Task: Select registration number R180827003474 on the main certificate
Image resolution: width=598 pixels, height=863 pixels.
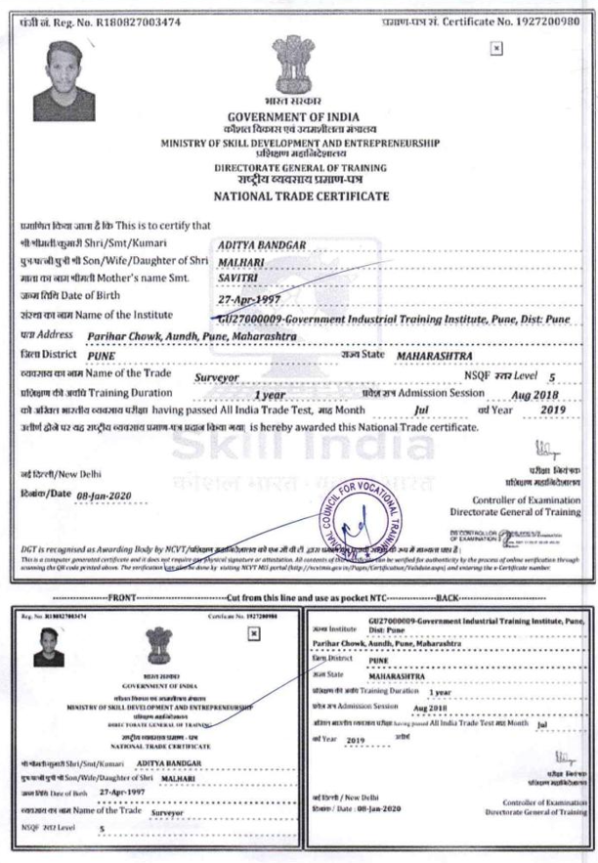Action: (123, 10)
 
